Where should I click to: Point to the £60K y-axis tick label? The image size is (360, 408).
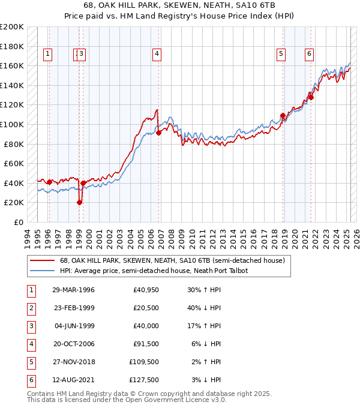coord(14,163)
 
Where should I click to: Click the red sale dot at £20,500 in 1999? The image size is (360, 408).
coord(79,202)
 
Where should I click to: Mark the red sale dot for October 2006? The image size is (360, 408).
coord(158,133)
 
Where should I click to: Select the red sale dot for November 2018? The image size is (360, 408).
coord(283,115)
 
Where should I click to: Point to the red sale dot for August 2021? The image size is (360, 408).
coord(311,97)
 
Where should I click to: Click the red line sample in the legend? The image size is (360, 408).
coord(41,260)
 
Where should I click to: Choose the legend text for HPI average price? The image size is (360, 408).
coord(157,271)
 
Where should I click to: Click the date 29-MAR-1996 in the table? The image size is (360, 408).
coord(73,290)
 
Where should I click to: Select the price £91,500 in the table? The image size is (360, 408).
coord(146,344)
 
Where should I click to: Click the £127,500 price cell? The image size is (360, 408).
coord(144,380)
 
